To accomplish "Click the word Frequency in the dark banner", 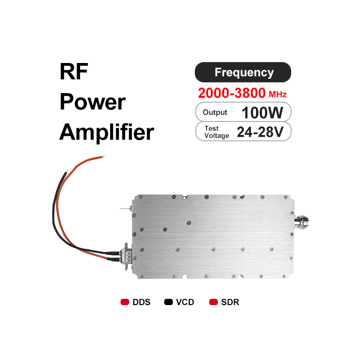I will point(244,72).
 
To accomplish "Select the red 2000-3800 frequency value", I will point(231,94).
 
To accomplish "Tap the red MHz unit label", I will point(278,94).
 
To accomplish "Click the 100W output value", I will point(262,112).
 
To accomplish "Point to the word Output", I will point(215,112).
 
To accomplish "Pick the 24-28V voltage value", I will point(260,132).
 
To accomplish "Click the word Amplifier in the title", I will point(107,132).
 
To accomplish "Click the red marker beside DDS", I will point(125,302).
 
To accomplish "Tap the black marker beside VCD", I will point(169,302).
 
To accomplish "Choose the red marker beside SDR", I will point(214,302).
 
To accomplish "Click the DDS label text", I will point(141,302).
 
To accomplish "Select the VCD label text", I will point(185,302).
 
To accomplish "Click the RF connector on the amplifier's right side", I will point(303,221).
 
